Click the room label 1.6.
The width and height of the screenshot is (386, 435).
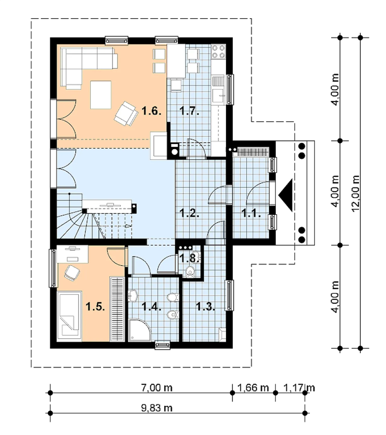tap(151, 111)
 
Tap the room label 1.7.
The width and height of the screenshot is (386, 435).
tap(189, 111)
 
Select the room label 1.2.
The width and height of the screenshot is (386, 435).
tap(189, 213)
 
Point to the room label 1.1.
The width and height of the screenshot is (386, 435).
tap(251, 213)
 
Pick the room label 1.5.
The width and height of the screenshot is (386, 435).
tap(95, 306)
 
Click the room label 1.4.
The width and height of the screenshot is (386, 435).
tap(151, 306)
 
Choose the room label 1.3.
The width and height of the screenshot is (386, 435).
tap(206, 306)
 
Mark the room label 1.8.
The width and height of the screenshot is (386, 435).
tap(189, 258)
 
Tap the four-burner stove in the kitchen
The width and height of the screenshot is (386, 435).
tap(218, 52)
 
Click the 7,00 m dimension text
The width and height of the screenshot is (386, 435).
tap(157, 388)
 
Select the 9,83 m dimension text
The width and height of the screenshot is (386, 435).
tap(157, 408)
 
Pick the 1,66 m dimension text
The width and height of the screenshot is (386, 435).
tap(253, 388)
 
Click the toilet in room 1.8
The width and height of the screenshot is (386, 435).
tap(190, 271)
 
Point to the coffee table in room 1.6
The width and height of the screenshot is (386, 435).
tap(101, 95)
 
